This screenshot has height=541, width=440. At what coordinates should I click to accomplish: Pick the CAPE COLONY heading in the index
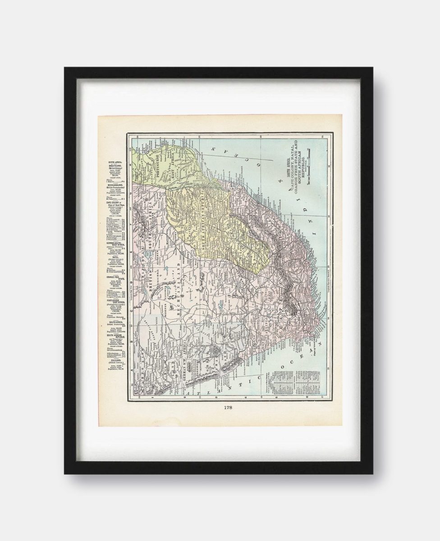(x=115, y=202)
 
